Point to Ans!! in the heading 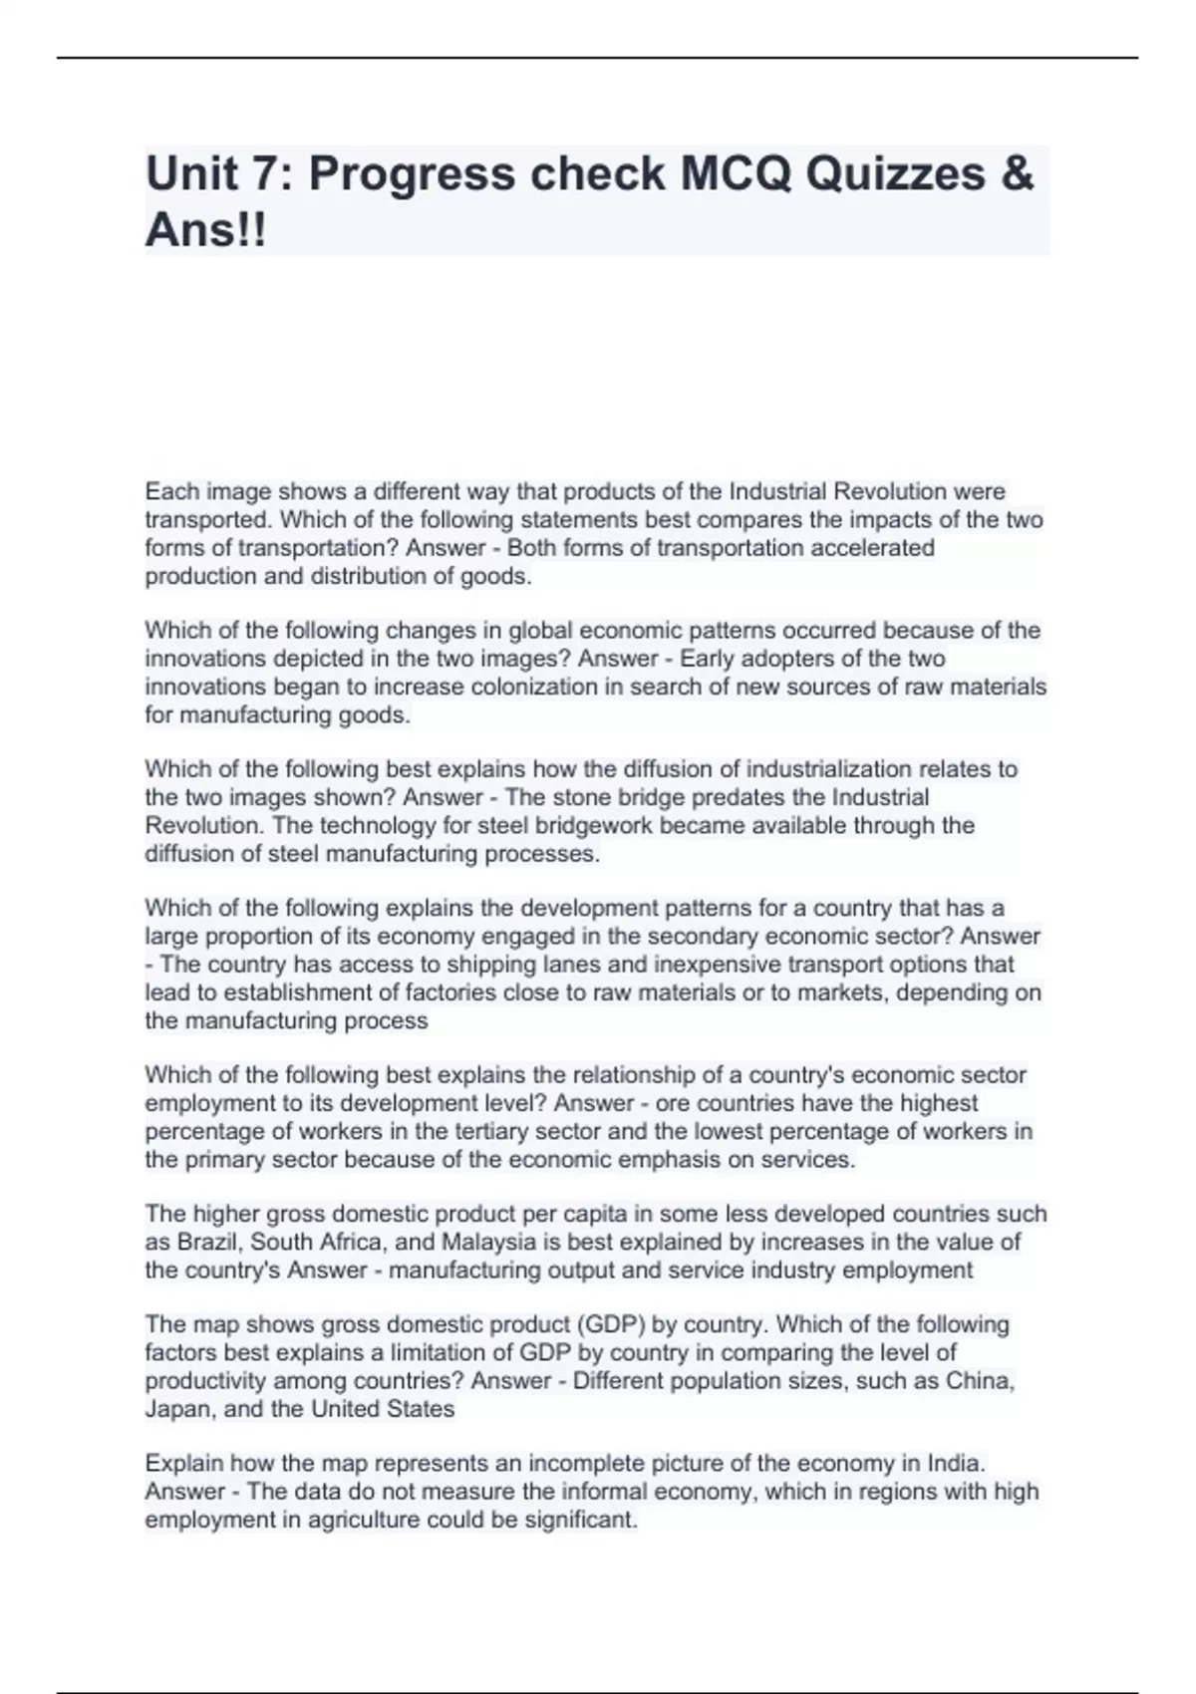[206, 231]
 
